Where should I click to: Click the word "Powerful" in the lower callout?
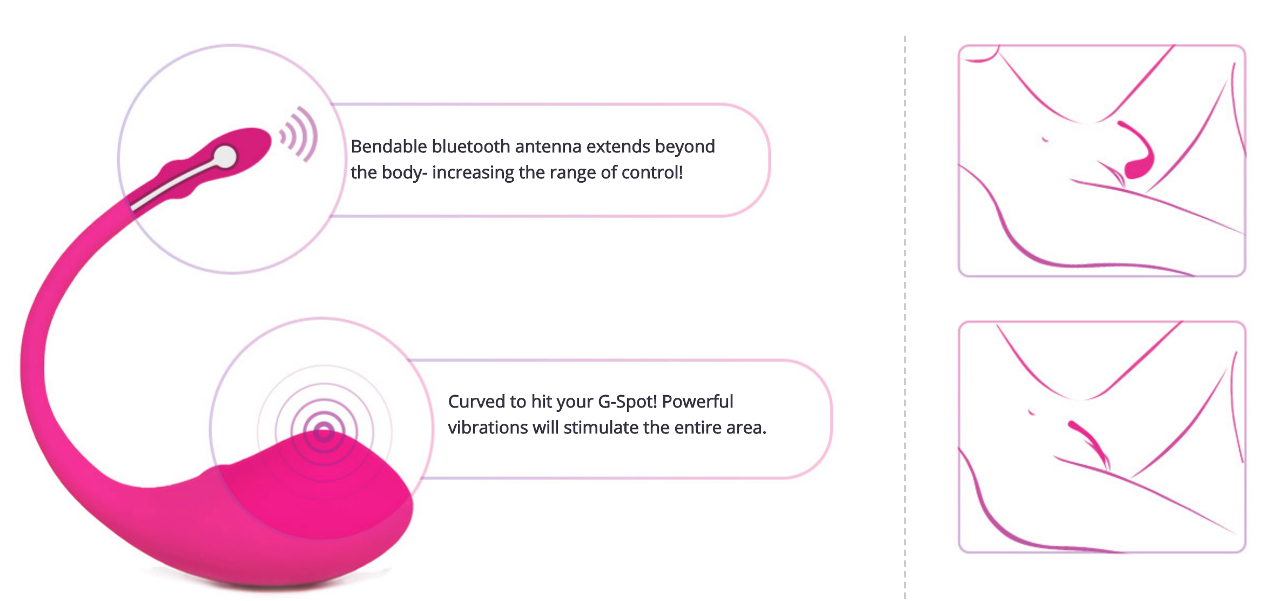[x=697, y=402]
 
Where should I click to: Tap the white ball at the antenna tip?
[x=225, y=157]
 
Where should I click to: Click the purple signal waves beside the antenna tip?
[x=299, y=134]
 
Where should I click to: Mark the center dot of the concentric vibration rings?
[x=324, y=432]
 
